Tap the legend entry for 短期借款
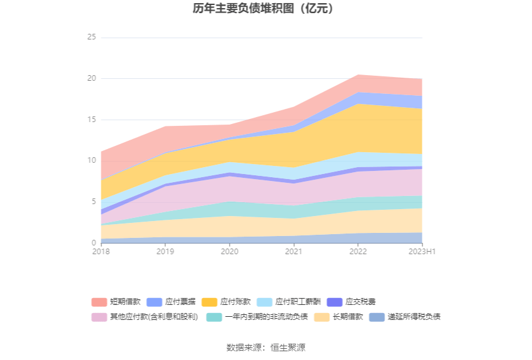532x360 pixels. click(x=125, y=302)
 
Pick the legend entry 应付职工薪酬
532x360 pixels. click(x=298, y=302)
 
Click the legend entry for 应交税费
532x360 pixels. click(x=361, y=302)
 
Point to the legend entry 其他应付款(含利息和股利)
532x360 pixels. click(x=154, y=317)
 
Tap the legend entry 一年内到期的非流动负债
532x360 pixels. click(x=266, y=317)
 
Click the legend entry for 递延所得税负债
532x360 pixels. click(x=414, y=317)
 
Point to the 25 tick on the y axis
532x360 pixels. click(x=91, y=38)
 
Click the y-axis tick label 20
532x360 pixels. click(x=91, y=78)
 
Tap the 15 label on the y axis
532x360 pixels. click(x=91, y=120)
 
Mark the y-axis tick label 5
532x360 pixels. click(x=93, y=202)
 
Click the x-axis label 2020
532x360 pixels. click(x=229, y=252)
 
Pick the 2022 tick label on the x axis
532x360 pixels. click(x=358, y=252)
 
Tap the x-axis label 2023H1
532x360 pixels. click(x=422, y=252)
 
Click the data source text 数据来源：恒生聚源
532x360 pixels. click(x=265, y=347)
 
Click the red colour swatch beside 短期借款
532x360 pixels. click(x=99, y=302)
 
